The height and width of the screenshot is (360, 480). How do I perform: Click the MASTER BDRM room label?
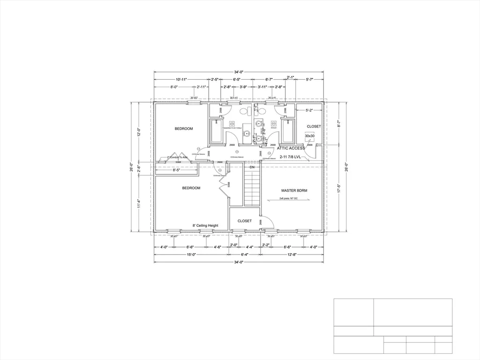[294, 191]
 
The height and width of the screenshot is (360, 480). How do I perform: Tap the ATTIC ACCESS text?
[291, 148]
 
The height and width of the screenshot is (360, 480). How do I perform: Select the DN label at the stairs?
[252, 167]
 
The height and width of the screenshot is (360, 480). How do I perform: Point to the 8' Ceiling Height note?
[205, 225]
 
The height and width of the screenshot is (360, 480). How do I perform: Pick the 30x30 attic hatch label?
[310, 136]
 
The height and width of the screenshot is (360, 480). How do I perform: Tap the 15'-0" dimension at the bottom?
[191, 255]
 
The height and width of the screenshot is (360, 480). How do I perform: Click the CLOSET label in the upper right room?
[314, 127]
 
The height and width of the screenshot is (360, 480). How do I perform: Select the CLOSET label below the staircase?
[245, 221]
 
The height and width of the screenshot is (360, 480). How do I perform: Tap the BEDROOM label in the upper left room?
[184, 128]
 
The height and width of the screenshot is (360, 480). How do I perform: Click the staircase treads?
[252, 187]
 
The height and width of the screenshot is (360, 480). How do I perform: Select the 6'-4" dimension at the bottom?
[245, 255]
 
